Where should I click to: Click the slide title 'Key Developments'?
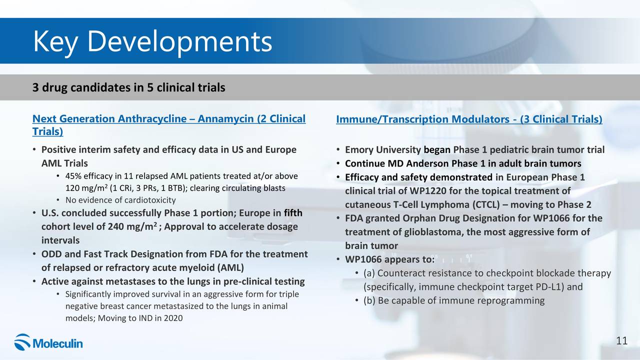pos(152,41)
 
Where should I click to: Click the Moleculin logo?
pos(48,342)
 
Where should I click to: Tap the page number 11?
pos(621,340)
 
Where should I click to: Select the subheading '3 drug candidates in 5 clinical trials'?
pos(129,87)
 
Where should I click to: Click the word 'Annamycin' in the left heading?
pos(225,118)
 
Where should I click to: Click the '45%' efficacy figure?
pos(73,176)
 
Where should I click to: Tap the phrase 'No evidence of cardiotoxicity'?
pos(120,200)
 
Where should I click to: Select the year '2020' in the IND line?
pos(173,318)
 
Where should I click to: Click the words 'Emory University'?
pos(383,149)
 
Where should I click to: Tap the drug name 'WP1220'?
pos(427,191)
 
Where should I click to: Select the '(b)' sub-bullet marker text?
pos(369,300)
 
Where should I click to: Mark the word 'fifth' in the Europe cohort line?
pos(293,213)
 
